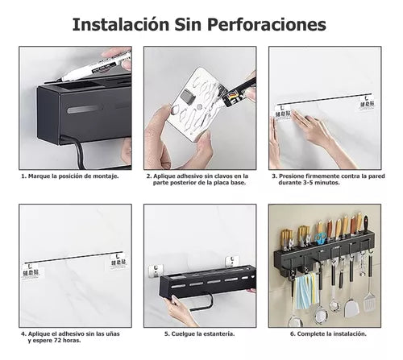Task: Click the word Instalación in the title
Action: [121, 23]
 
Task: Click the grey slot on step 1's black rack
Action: [85, 109]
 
